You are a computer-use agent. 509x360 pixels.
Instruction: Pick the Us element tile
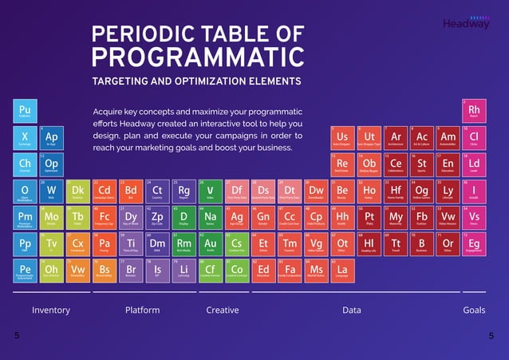(x=342, y=138)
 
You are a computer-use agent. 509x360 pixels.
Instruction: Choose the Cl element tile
(x=474, y=138)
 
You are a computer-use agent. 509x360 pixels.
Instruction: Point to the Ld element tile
(x=474, y=165)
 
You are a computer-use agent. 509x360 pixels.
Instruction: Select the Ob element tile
(x=369, y=165)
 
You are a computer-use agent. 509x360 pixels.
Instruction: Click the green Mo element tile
(x=52, y=218)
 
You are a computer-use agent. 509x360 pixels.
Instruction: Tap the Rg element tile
(x=183, y=192)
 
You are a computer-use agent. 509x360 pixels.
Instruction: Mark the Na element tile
(x=210, y=218)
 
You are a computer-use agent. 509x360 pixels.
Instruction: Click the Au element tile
(x=210, y=244)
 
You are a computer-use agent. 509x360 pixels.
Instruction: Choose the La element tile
(x=342, y=271)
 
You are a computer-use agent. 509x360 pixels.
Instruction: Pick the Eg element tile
(x=474, y=244)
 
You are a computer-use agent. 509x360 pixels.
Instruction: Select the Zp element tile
(x=157, y=218)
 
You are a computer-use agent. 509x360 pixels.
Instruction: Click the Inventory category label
(x=50, y=310)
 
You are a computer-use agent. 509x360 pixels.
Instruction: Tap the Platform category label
(x=143, y=310)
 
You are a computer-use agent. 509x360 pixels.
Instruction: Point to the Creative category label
(x=223, y=310)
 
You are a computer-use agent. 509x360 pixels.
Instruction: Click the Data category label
(x=352, y=310)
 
